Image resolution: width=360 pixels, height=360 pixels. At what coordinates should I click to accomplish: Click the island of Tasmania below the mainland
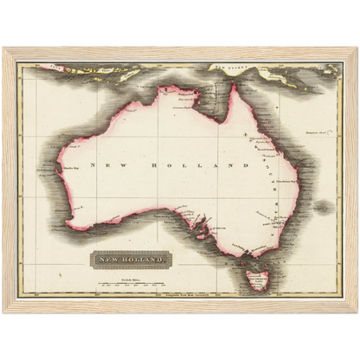257,280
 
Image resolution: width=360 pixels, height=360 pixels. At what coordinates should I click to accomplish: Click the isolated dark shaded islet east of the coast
322,207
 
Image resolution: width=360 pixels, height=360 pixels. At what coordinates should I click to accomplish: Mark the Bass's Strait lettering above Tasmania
252,259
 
